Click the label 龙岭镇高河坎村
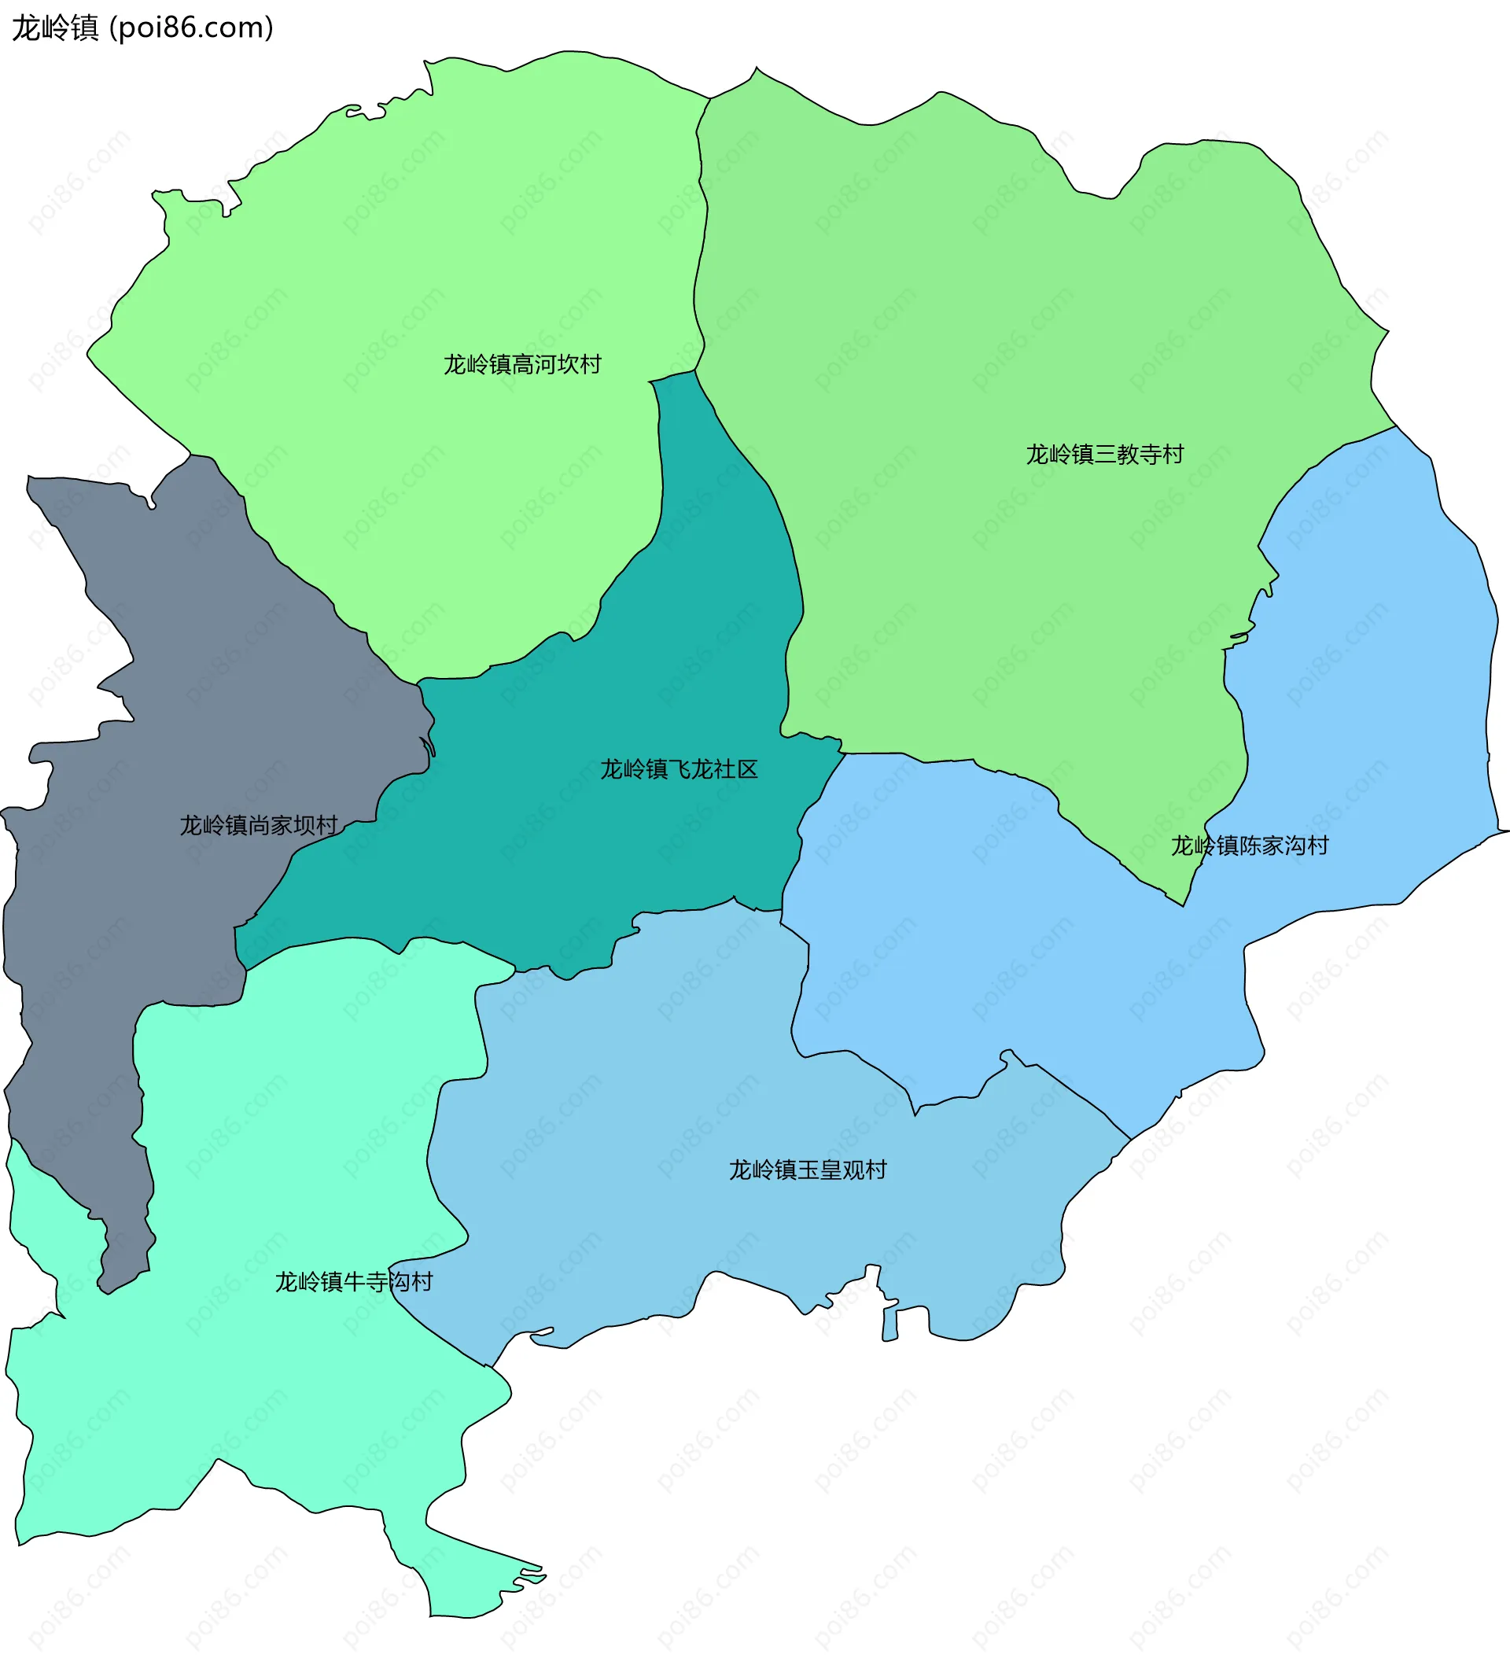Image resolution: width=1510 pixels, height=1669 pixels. (522, 364)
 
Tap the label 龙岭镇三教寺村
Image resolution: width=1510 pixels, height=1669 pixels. (1104, 455)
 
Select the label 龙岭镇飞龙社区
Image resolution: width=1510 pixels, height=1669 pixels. (679, 769)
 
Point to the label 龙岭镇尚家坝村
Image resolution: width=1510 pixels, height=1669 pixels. (258, 825)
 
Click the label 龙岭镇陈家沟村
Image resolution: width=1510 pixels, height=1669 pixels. (1249, 846)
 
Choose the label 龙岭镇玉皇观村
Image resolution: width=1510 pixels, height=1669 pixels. (807, 1170)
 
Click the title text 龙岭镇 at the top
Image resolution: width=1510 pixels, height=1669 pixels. (54, 28)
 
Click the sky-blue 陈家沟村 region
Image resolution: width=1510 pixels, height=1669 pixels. (1366, 704)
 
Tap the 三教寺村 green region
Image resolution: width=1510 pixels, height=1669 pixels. (993, 331)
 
